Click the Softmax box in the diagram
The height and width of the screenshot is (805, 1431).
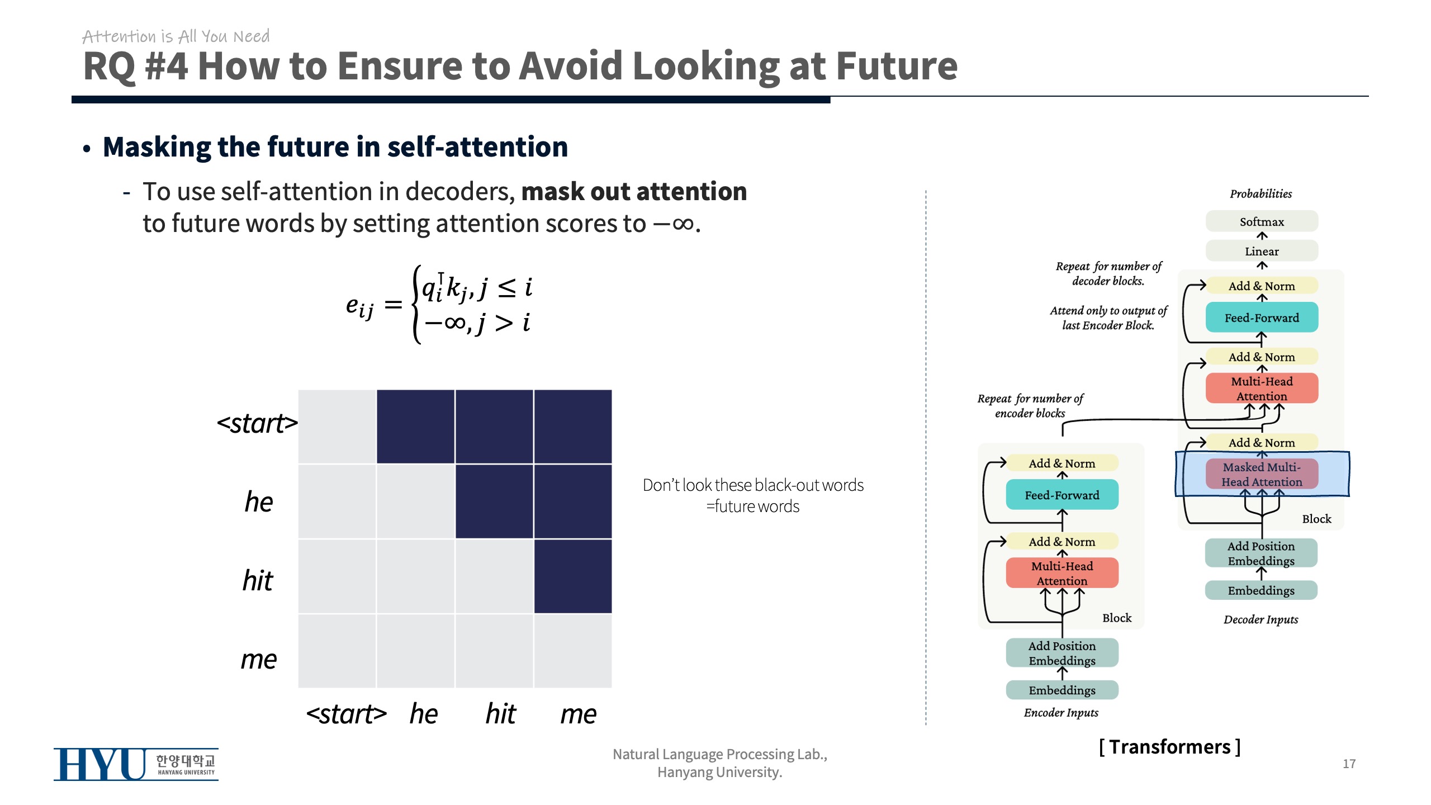(x=1261, y=221)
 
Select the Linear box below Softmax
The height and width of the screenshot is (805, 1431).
(x=1261, y=251)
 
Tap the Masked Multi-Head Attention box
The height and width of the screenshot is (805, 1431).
(x=1261, y=474)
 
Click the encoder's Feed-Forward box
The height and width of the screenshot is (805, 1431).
(x=1062, y=495)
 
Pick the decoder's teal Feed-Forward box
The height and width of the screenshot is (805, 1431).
(x=1261, y=318)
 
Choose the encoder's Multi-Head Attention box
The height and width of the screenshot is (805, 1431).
(x=1062, y=573)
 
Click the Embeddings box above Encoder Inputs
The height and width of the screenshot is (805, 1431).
(x=1062, y=690)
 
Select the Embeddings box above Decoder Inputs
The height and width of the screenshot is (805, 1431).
(x=1261, y=590)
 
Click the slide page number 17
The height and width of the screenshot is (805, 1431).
(x=1349, y=764)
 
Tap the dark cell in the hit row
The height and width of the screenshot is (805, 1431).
(x=572, y=576)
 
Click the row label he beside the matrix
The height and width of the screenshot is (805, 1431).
(x=259, y=501)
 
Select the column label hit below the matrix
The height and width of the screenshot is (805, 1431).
(x=500, y=713)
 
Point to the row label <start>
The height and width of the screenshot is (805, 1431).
(x=257, y=423)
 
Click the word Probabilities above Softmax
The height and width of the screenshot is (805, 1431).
(x=1261, y=194)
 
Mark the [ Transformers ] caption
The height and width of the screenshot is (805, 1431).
(x=1169, y=746)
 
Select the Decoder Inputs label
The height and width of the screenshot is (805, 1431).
(x=1261, y=619)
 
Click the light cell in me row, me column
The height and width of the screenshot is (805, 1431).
(x=572, y=651)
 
